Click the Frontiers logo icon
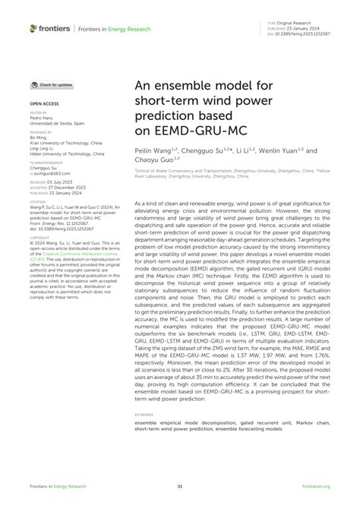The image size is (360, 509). point(33,28)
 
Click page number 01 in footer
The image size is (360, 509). point(180,486)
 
